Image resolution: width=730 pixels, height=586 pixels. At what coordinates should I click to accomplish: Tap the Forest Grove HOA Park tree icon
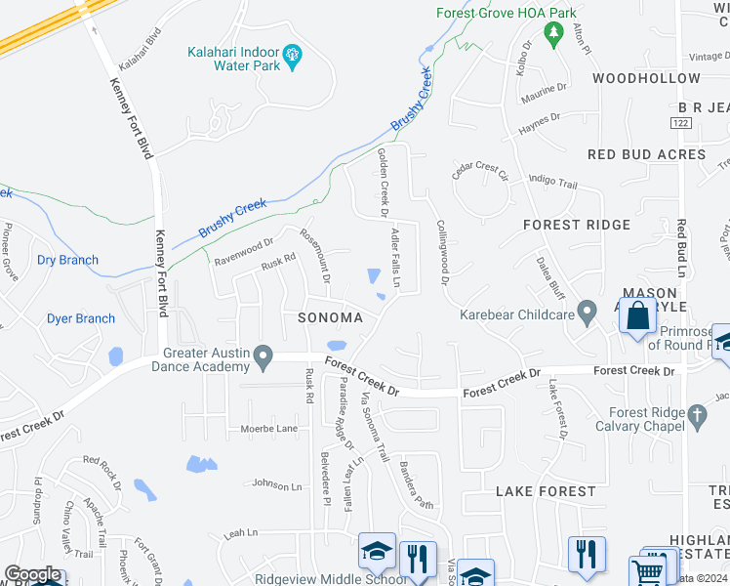[x=554, y=35]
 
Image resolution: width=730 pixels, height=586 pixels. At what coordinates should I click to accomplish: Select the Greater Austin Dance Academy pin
[x=263, y=359]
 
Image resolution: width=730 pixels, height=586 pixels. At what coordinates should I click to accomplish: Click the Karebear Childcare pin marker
[x=587, y=314]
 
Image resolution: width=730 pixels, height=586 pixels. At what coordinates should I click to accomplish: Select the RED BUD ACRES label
[x=646, y=154]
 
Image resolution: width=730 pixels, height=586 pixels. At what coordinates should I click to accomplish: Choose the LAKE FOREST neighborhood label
[x=545, y=491]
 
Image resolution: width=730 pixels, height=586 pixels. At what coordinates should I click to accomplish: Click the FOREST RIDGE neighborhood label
[x=577, y=225]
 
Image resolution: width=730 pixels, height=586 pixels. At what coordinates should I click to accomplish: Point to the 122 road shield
[x=681, y=122]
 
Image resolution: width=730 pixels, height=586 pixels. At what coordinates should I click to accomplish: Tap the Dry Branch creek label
[x=67, y=260]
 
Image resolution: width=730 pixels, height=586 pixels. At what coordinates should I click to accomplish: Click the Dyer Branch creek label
[x=81, y=318]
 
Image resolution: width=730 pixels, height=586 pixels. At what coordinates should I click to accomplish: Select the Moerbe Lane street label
[x=268, y=429]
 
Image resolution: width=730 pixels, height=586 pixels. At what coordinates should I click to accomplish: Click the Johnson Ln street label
[x=277, y=483]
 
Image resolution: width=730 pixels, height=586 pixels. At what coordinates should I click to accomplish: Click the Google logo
[x=32, y=575]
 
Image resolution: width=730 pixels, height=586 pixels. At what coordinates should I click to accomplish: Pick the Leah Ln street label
[x=240, y=533]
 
